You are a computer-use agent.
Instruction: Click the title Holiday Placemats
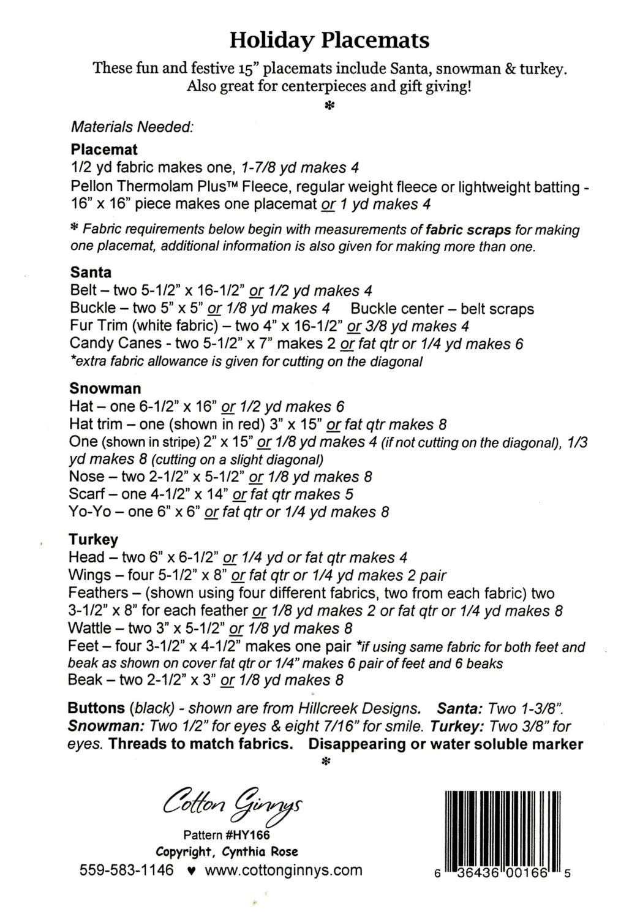pos(329,41)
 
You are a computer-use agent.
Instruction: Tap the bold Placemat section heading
pos(104,149)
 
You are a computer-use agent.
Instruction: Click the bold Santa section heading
pos(91,272)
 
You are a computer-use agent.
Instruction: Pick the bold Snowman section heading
pos(105,388)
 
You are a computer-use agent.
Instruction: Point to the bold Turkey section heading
pos(94,540)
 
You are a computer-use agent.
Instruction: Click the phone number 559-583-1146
pos(127,870)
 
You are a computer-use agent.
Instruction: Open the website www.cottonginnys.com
pos(284,870)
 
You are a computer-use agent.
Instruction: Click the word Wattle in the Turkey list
pos(91,628)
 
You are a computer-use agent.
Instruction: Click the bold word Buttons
pos(96,709)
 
